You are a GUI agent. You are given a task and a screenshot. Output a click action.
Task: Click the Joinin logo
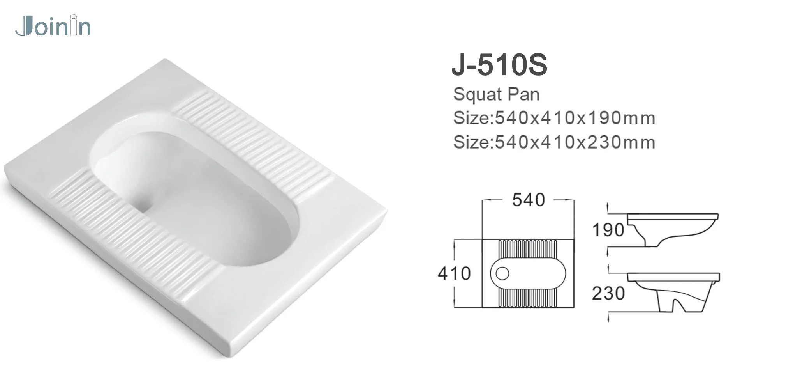(53, 27)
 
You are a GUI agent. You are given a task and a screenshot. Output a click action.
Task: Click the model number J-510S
(499, 65)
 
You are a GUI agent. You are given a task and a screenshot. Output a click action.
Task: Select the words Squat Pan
(496, 94)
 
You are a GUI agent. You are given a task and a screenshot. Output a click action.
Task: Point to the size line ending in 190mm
(554, 118)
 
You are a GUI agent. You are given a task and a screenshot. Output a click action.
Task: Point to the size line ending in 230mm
(554, 142)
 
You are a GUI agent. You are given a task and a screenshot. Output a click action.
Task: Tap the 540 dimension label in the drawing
(528, 200)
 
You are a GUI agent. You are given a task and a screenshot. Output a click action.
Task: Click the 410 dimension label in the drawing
(454, 273)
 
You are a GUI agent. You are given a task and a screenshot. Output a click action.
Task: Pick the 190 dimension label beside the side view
(608, 230)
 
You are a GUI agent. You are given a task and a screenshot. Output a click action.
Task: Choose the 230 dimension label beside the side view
(608, 293)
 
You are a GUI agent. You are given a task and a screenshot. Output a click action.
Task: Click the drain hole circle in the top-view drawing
(502, 273)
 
